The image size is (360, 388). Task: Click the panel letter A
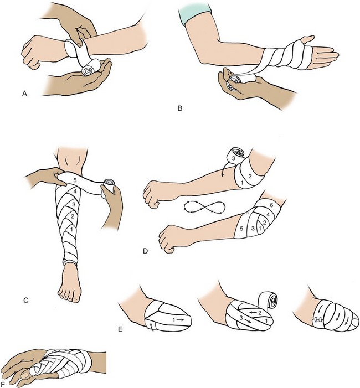click(x=24, y=94)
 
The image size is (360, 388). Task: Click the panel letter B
click(x=180, y=108)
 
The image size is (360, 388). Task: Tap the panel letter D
click(x=145, y=251)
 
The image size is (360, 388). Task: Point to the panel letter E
click(x=120, y=329)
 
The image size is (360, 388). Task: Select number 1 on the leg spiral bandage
click(x=71, y=229)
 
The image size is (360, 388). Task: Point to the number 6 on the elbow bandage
click(x=271, y=205)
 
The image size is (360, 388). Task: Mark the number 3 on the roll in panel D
click(x=233, y=158)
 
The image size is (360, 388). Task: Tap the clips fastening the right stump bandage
click(x=318, y=320)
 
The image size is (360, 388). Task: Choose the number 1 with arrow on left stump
click(x=178, y=320)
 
